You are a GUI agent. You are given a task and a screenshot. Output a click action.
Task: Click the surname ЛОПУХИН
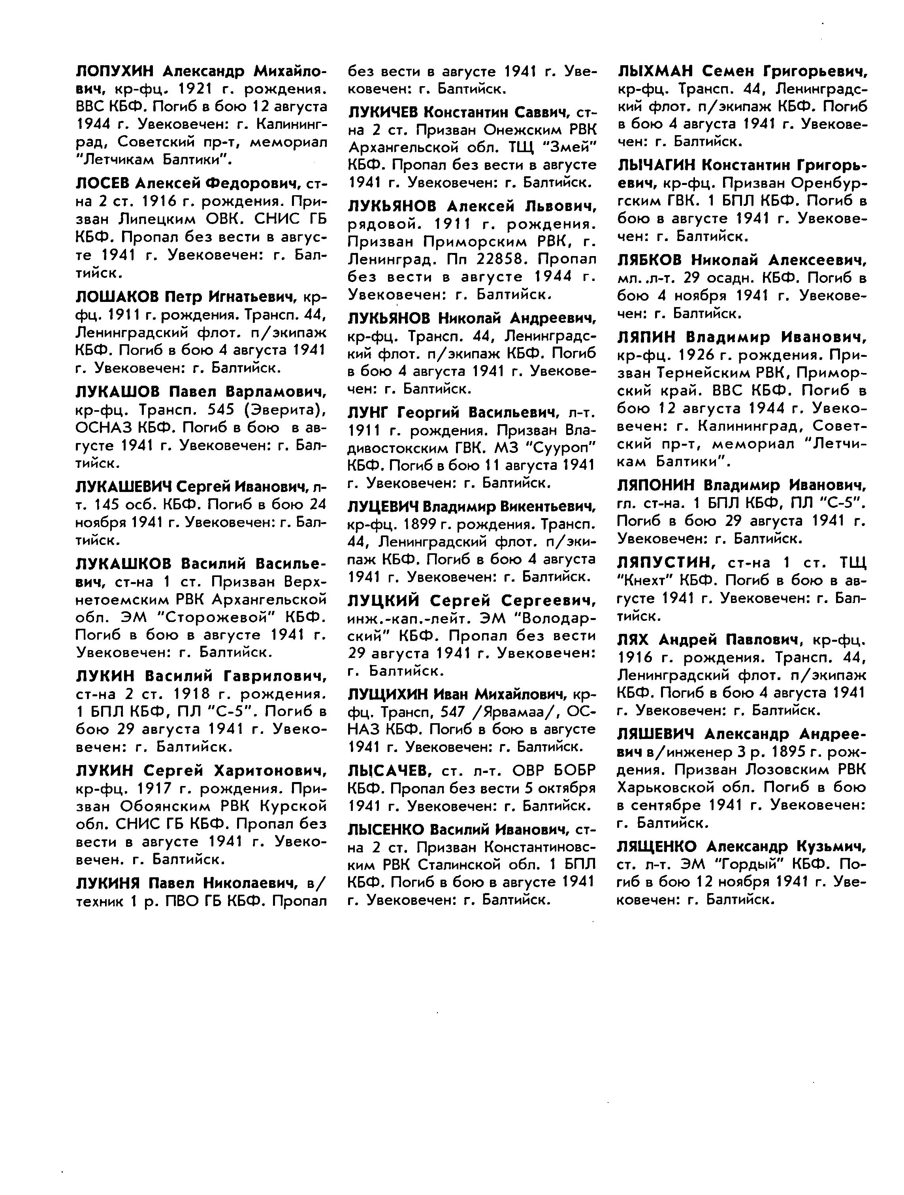click(115, 71)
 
